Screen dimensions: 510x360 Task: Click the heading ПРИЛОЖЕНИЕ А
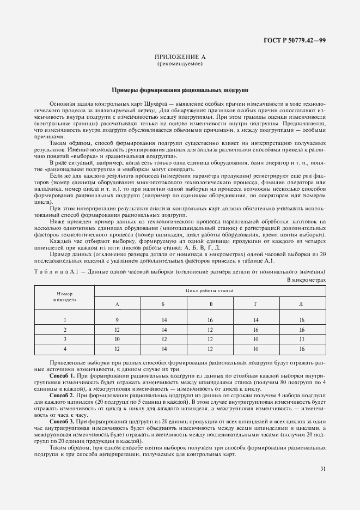180,57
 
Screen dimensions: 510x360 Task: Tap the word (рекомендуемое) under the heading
180,64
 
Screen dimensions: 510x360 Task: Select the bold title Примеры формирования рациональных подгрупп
180,89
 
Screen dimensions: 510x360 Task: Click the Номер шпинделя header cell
64,296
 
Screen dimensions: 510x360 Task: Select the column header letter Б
164,303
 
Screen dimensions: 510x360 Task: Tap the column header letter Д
301,303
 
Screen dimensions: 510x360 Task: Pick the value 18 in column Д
301,320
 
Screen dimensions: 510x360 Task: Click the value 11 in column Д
301,338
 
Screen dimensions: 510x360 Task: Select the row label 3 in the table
64,338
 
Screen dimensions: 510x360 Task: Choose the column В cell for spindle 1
210,320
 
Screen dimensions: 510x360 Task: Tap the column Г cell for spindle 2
256,330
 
